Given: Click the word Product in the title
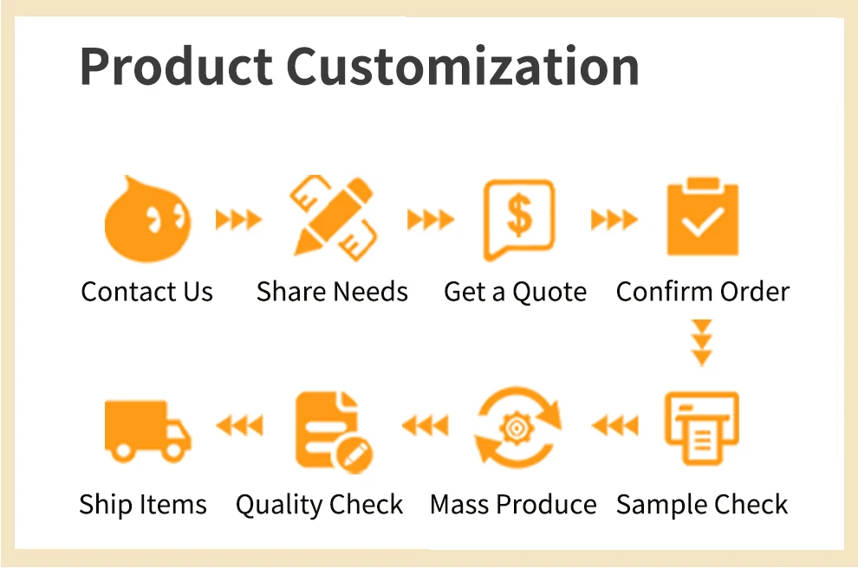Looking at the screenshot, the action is click(176, 66).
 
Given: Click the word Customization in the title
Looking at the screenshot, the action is click(463, 66).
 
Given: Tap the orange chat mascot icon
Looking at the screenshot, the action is click(147, 219).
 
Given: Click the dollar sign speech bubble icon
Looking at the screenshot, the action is click(519, 220).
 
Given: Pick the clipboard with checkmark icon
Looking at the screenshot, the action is click(703, 216).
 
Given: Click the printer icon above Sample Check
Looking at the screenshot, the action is click(701, 428).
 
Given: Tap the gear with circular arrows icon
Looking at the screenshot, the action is click(517, 428).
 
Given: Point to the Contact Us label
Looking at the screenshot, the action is click(146, 292).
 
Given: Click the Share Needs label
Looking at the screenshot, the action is click(332, 292).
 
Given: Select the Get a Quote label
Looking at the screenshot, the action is click(516, 292).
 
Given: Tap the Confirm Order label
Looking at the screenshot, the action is click(703, 292).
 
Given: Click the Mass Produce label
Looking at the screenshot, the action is click(513, 504).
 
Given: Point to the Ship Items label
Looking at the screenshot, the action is click(143, 505).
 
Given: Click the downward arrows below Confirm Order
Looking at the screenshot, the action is click(702, 343).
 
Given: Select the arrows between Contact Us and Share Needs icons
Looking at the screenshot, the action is click(238, 220).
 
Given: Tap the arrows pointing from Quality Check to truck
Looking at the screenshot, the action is click(240, 425).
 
